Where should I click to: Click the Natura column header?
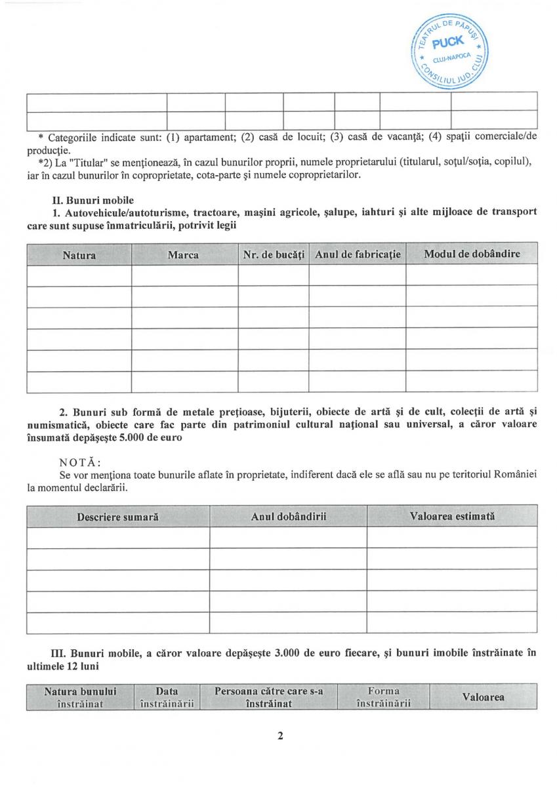[79, 254]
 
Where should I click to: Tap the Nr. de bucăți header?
[274, 254]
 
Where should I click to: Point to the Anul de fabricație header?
[358, 254]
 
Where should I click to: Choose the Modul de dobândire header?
[472, 254]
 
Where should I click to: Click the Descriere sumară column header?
[118, 517]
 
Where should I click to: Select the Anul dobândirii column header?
[289, 517]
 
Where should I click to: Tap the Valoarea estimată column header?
[452, 516]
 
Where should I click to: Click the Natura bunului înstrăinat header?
[80, 697]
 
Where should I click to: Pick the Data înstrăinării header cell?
[167, 697]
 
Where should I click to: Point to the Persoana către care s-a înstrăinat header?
[269, 697]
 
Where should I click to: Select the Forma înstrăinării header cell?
[383, 697]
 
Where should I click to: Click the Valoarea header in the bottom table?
[484, 697]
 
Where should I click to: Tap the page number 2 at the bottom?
[280, 735]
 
